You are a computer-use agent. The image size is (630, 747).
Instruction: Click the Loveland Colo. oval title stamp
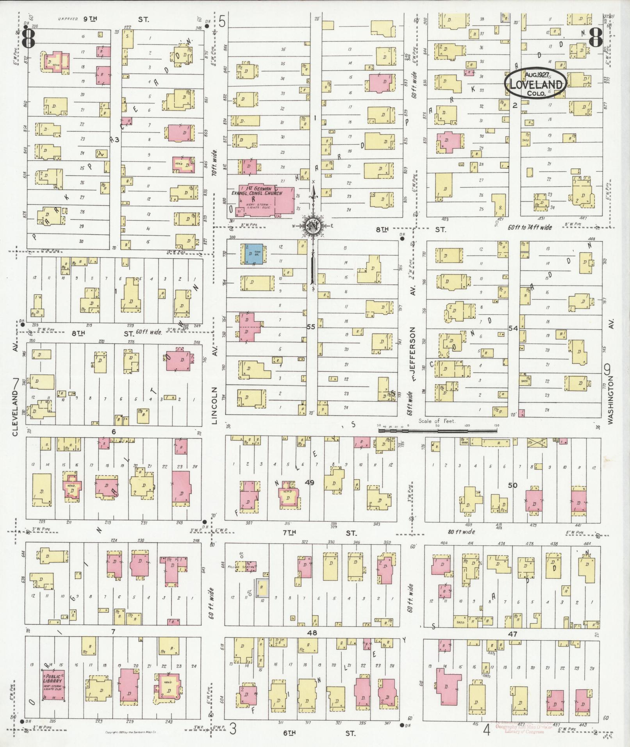(535, 83)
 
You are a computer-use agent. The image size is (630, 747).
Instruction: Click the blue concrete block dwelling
(253, 254)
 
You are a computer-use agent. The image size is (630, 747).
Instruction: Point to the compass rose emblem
(312, 226)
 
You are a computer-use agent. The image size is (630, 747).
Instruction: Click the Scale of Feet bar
(437, 430)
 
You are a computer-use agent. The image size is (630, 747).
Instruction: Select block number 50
(512, 485)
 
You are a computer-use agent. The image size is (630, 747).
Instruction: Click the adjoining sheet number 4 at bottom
(486, 730)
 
